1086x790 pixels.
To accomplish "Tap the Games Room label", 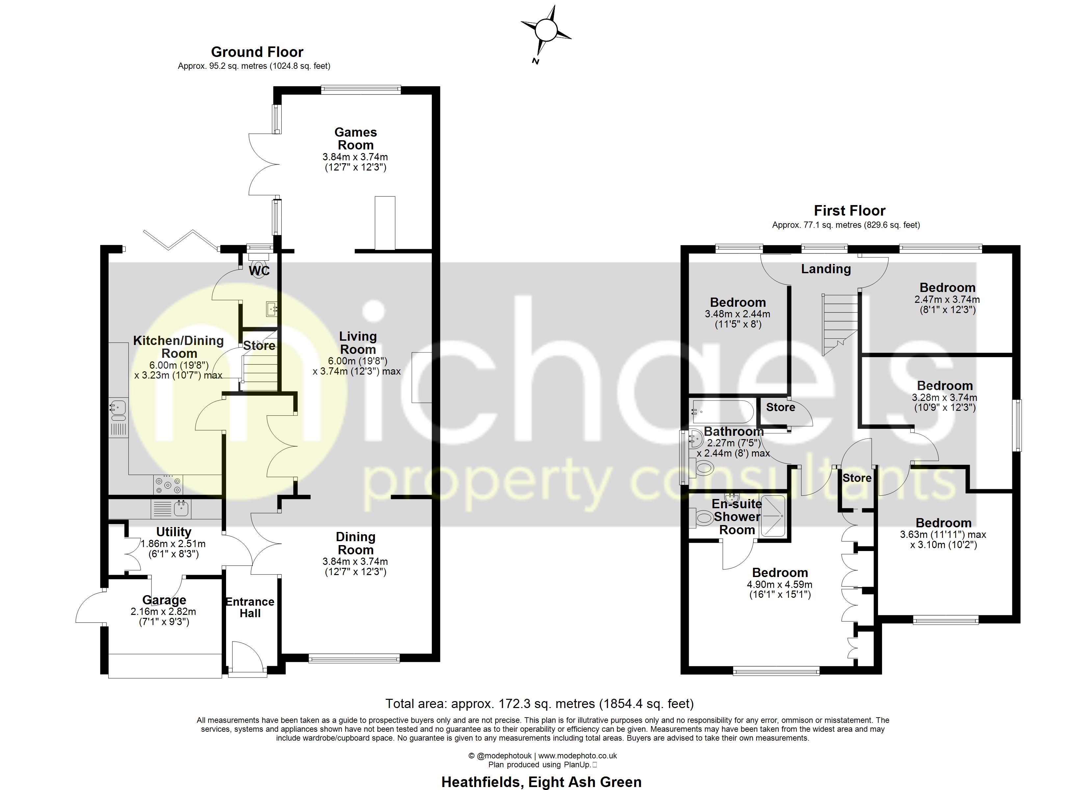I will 355,139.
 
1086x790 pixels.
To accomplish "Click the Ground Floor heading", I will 257,52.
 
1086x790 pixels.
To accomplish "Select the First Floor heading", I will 849,210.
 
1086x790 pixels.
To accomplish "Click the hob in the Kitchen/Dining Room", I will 168,484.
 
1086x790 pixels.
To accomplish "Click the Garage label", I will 164,600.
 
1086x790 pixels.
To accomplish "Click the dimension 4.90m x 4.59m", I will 780,585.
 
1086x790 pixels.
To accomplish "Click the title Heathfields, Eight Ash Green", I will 541,782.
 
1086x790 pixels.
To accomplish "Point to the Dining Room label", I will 355,543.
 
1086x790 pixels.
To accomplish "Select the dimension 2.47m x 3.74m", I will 947,300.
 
